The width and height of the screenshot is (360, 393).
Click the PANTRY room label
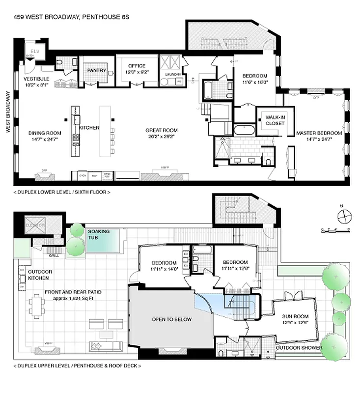point(97,70)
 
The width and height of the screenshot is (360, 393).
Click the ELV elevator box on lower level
point(35,52)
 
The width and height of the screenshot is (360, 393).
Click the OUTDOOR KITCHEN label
point(40,275)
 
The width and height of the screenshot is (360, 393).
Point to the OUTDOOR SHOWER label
point(299,348)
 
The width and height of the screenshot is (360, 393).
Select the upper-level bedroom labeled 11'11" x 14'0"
point(164,266)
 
